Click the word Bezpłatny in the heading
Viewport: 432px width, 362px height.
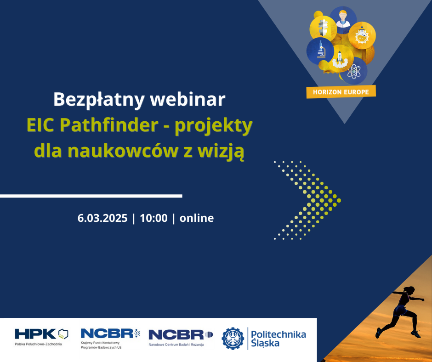[99, 100]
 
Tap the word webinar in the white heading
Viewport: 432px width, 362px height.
[188, 99]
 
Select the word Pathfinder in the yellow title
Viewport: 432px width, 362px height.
[109, 125]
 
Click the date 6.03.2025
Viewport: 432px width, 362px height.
[102, 218]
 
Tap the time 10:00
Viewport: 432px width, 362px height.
[154, 218]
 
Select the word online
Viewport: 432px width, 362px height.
[197, 218]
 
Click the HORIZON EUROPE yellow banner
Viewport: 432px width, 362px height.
[341, 92]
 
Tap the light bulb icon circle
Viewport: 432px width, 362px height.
[323, 28]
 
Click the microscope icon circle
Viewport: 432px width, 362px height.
[320, 51]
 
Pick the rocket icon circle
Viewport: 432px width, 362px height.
[340, 59]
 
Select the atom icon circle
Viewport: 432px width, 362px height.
[353, 71]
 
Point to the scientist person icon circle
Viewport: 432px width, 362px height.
[343, 19]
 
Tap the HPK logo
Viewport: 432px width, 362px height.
[41, 337]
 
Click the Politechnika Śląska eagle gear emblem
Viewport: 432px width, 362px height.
[233, 339]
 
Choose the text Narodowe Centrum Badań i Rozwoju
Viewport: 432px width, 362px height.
[176, 345]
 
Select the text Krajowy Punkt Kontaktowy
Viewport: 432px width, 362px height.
[100, 343]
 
